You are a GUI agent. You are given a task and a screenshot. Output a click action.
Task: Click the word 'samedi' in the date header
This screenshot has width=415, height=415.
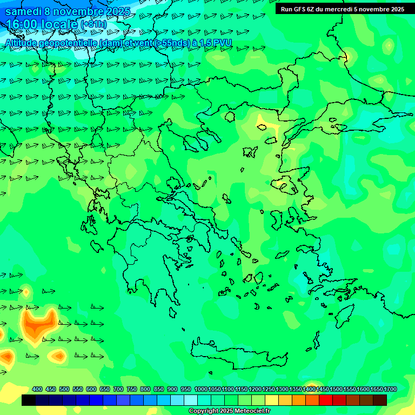[x=23, y=11]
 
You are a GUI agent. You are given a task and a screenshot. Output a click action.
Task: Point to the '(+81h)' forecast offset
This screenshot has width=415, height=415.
[x=93, y=24]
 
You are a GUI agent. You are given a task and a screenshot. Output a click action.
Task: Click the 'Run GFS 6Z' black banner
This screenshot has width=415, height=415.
[x=342, y=9]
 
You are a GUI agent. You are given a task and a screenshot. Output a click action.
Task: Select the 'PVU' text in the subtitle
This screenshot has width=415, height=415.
[x=223, y=43]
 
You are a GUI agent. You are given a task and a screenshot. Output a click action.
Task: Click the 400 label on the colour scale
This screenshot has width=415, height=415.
[x=37, y=390]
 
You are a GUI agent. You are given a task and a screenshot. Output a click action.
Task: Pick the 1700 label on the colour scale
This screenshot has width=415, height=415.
[x=391, y=390]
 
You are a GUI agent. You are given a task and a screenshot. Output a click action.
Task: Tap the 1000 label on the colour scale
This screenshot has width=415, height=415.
[x=200, y=390]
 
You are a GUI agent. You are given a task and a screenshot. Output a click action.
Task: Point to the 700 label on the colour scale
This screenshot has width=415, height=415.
[x=118, y=390]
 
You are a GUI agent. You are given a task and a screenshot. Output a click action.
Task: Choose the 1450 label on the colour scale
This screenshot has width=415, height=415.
[x=323, y=390]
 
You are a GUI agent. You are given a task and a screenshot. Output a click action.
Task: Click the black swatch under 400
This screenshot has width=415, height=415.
[x=29, y=400]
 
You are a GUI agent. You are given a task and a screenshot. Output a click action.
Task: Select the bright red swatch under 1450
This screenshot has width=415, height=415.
[x=326, y=400]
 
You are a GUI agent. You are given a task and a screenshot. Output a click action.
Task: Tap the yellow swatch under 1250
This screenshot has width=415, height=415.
[x=272, y=400]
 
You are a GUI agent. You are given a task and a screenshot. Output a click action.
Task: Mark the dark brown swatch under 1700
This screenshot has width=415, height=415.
[x=380, y=400]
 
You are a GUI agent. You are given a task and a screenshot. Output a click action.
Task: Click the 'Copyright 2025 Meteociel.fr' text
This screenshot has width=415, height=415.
[x=230, y=411]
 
